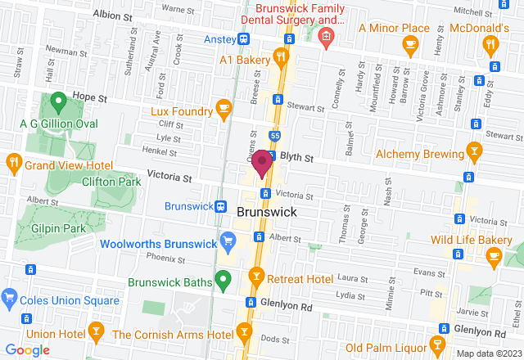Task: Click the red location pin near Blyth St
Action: [x=262, y=162]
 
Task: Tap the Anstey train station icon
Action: [x=244, y=39]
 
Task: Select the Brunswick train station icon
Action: [x=221, y=206]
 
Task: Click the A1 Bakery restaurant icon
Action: [x=280, y=57]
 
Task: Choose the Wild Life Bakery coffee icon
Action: [x=493, y=256]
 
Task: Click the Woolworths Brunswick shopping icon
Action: [x=228, y=241]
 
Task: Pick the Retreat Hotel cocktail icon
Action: [x=256, y=278]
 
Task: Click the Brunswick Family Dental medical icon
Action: [x=326, y=38]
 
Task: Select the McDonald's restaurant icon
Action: [x=491, y=45]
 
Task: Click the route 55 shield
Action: [x=275, y=135]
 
